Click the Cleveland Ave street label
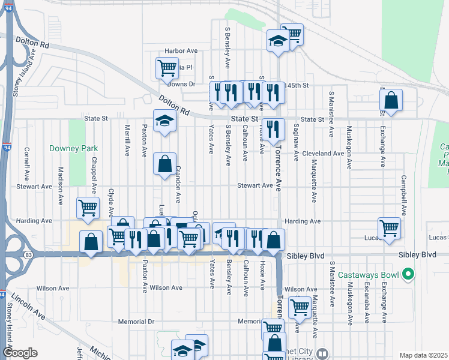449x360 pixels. point(323,154)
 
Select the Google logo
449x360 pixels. point(20,353)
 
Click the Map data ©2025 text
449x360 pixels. point(423,355)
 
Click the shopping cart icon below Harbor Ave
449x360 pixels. point(167,67)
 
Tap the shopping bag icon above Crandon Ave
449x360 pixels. point(164,163)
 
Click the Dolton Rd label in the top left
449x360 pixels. point(37,44)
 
